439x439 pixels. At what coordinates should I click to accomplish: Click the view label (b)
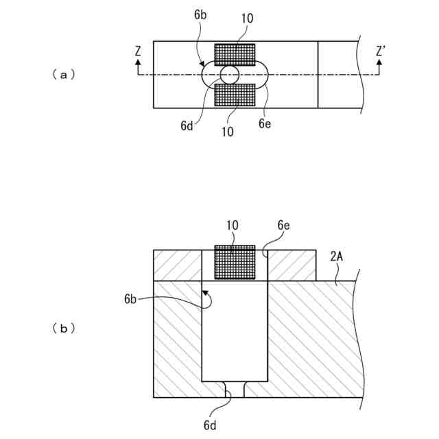click(x=63, y=329)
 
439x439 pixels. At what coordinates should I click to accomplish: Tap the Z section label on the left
click(x=138, y=51)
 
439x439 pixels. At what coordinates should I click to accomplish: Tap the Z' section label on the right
click(x=381, y=51)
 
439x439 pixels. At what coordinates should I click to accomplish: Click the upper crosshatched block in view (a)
click(x=235, y=54)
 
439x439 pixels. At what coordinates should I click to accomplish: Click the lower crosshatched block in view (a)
click(x=235, y=95)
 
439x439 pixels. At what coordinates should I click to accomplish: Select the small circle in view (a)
click(x=229, y=75)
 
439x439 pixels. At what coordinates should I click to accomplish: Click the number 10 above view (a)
click(x=247, y=19)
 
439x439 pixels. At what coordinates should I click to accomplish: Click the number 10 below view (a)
click(x=227, y=131)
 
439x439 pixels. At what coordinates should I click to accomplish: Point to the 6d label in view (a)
click(x=187, y=126)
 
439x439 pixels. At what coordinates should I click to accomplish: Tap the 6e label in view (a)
click(x=265, y=123)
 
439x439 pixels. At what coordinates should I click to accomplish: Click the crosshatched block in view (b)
click(x=235, y=262)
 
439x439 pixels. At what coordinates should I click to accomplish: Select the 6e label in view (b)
click(x=284, y=224)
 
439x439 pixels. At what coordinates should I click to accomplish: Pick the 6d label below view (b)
click(x=211, y=425)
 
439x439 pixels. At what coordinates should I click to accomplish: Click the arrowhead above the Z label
click(x=138, y=62)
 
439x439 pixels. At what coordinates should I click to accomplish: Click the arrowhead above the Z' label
click(x=378, y=62)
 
